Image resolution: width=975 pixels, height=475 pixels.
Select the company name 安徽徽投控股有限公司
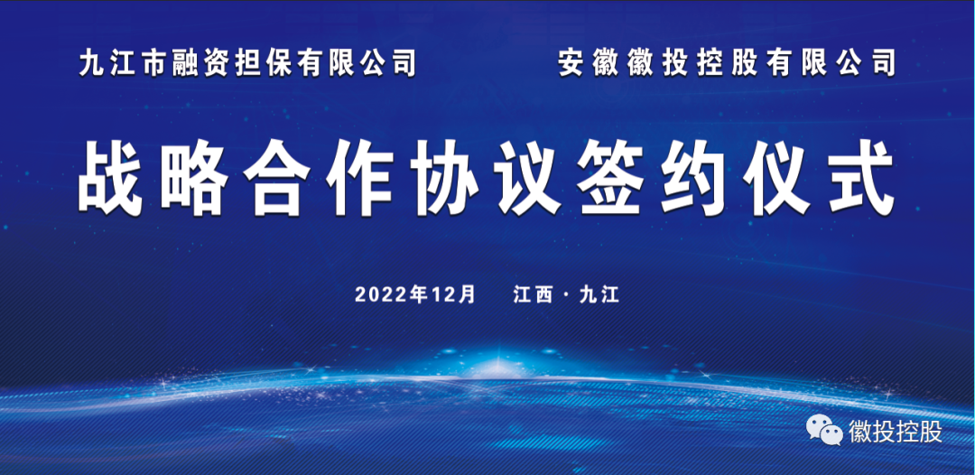pos(727,63)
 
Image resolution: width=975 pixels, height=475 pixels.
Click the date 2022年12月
pos(414,294)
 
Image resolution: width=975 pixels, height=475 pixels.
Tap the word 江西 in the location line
pos(533,294)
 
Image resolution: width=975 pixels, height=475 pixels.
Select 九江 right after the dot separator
pos(599,294)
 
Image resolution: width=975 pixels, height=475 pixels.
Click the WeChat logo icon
pos(824,432)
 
